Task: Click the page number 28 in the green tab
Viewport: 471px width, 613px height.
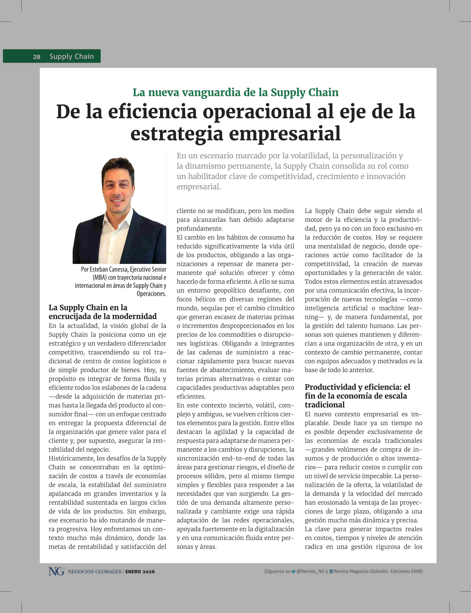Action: (37, 57)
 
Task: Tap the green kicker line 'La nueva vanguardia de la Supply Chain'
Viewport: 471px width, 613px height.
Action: (235, 92)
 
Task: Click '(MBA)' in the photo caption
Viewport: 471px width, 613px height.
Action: (100, 278)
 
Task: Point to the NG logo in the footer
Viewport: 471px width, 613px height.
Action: (56, 571)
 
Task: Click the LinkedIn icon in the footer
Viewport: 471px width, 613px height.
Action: (331, 571)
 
